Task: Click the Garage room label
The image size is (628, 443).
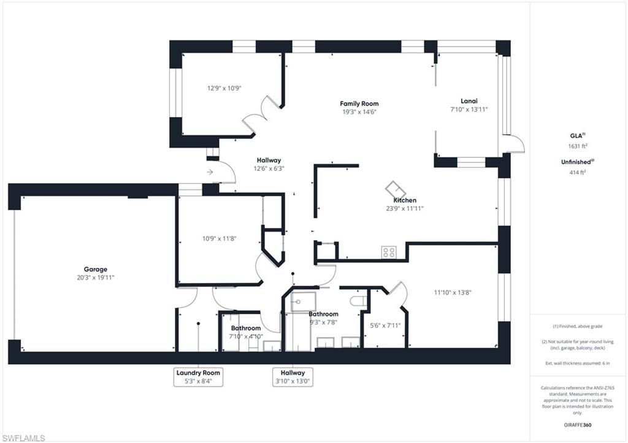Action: coord(95,270)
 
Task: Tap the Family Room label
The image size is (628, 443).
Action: coord(359,104)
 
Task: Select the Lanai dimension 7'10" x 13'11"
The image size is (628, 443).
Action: coord(469,109)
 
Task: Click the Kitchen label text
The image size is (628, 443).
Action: coord(405,200)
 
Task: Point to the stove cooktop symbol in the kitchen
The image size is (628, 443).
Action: coord(388,252)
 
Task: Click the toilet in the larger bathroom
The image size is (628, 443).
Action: coord(358,301)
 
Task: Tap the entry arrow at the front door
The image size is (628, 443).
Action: coord(210,172)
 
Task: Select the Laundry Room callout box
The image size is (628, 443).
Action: coord(198,377)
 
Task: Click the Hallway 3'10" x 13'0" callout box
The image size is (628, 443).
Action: coord(293,377)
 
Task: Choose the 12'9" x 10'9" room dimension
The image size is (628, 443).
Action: coord(224,88)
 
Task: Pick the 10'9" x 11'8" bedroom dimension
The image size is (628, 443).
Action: coord(219,238)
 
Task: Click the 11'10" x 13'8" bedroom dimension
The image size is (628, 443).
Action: coord(453,292)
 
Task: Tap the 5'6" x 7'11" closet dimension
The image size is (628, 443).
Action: coord(385,326)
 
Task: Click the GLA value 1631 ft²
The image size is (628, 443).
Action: coord(578,146)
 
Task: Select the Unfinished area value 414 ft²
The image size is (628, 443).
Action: coord(578,172)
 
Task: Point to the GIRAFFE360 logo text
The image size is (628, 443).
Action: coord(577,425)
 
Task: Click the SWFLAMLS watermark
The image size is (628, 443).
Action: coord(23,438)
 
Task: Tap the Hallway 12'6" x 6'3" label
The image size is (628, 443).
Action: coord(269,164)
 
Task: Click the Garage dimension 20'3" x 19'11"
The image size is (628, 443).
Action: coord(96,278)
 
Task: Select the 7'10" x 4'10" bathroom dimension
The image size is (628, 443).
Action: coord(246,336)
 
